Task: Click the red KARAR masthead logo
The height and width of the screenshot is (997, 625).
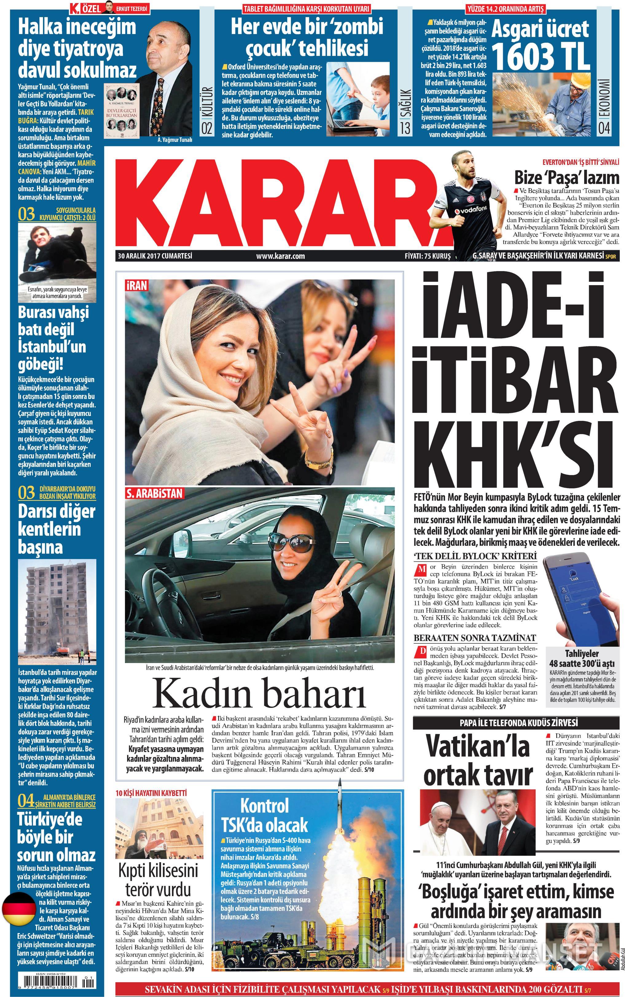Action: point(281,200)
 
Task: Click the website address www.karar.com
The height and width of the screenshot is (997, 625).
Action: point(280,256)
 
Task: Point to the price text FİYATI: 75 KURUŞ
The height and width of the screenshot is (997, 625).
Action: point(428,256)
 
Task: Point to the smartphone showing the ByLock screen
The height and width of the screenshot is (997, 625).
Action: point(577,599)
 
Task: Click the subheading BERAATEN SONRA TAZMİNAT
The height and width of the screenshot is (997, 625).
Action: point(475,638)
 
